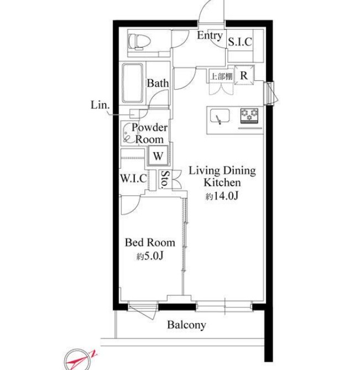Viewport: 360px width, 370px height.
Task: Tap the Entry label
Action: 210,35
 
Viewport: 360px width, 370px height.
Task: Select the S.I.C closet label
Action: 240,42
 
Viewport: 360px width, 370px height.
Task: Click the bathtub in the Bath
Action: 133,83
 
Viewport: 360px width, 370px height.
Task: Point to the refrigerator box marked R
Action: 244,75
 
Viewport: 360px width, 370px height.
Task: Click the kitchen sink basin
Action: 220,116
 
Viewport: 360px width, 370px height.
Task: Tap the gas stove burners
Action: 249,116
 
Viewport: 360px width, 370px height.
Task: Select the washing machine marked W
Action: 158,156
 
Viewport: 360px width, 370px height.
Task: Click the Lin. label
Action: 100,105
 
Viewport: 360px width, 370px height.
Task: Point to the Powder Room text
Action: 149,133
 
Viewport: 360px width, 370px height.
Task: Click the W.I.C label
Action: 133,178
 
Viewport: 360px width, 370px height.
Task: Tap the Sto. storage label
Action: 165,179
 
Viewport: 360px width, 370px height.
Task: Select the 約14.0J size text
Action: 222,196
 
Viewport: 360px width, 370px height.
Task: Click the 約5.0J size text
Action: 150,256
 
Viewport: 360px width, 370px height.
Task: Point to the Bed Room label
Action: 150,243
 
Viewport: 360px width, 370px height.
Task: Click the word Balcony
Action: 186,325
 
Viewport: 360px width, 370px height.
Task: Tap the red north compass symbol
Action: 79,361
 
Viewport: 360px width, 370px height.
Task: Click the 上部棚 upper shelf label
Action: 221,76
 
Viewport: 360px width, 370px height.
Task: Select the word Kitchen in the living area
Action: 222,183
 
